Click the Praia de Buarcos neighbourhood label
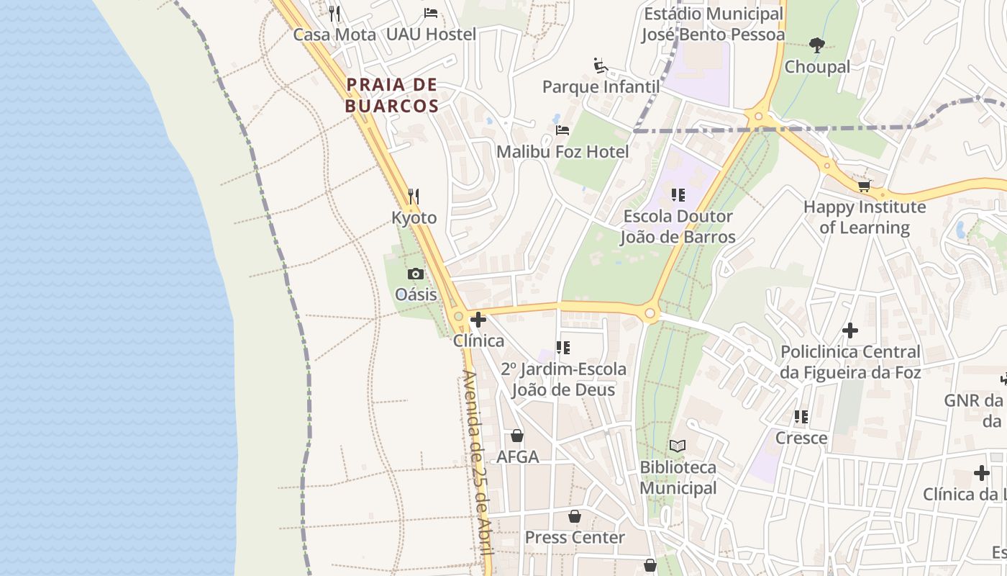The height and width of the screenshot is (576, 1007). (x=392, y=95)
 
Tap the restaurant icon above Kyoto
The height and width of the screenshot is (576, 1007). (x=414, y=196)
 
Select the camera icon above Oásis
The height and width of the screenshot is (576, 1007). (x=416, y=274)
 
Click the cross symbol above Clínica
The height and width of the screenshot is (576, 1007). (x=478, y=320)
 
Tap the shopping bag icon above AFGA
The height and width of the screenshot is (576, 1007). (x=517, y=436)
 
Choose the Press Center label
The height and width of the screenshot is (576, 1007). (x=575, y=537)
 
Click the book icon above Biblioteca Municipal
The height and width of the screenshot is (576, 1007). (x=678, y=446)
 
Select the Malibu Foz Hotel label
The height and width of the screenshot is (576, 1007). (x=562, y=152)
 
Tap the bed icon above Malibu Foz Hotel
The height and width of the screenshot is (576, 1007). (x=562, y=130)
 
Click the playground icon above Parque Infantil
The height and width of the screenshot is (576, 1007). (x=601, y=66)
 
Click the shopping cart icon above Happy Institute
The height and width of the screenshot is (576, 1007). (x=865, y=186)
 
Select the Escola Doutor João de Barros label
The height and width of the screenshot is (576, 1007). (x=678, y=226)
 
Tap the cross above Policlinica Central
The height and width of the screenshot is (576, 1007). (x=850, y=330)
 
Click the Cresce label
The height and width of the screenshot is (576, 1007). (x=801, y=438)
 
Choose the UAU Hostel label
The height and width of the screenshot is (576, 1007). (x=431, y=34)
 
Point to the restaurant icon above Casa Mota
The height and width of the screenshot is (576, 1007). (x=334, y=13)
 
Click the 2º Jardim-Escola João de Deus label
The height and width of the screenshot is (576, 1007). (x=563, y=379)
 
